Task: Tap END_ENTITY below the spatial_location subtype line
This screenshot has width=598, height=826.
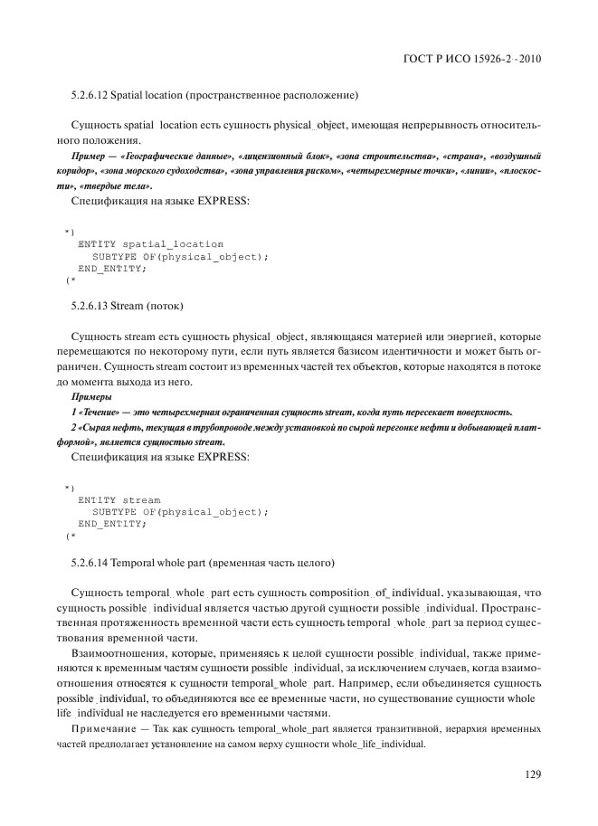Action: [x=112, y=269]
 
